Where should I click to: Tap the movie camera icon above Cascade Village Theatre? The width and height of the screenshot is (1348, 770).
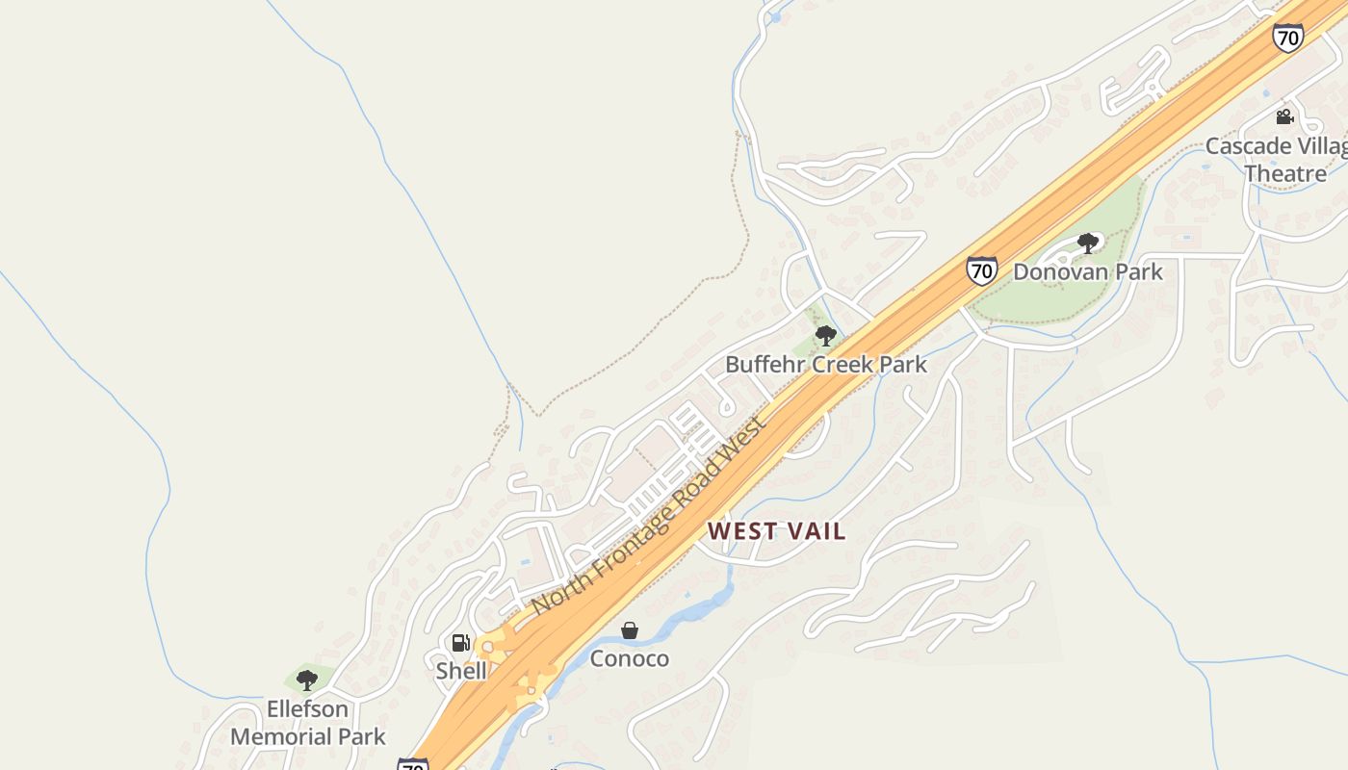[x=1284, y=117]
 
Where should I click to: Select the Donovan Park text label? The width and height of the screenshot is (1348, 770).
[x=1088, y=271]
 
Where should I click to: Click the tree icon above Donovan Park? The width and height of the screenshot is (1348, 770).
[x=1088, y=244]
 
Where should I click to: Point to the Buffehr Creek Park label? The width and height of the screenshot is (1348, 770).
[x=825, y=365]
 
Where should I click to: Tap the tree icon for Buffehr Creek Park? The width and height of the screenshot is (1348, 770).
[x=825, y=336]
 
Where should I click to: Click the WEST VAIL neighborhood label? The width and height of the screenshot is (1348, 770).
[x=776, y=531]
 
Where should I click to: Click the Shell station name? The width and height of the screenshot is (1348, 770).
[x=461, y=671]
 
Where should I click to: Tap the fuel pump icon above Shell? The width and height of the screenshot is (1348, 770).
[x=461, y=643]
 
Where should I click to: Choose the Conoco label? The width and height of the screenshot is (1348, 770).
[x=629, y=659]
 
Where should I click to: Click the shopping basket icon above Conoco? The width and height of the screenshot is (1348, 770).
[x=629, y=630]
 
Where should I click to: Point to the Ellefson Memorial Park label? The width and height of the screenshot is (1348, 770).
[x=307, y=723]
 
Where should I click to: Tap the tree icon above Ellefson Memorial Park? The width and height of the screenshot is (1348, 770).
[x=307, y=680]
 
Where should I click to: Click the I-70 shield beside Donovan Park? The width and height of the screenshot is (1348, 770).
[x=981, y=270]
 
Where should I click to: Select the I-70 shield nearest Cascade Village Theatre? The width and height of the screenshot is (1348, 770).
[x=1287, y=38]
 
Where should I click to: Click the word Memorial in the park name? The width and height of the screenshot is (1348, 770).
[x=276, y=737]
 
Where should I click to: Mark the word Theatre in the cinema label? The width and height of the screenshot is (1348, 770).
[x=1284, y=174]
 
